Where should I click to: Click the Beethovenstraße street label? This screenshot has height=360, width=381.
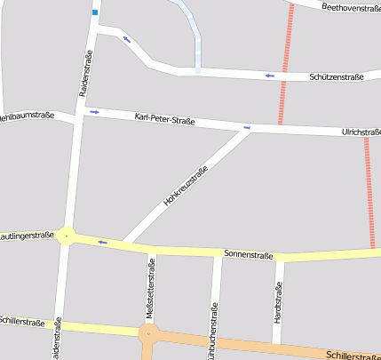click(x=351, y=7)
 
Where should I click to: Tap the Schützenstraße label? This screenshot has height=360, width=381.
click(x=337, y=77)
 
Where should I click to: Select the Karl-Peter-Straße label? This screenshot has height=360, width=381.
click(x=164, y=119)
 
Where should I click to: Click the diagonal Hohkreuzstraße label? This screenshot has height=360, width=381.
click(x=185, y=187)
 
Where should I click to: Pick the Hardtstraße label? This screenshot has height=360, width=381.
click(x=278, y=300)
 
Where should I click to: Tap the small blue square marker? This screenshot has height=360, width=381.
click(x=95, y=13)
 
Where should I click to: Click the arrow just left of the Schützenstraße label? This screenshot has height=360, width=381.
click(x=269, y=76)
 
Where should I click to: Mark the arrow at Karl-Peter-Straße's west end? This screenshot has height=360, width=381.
click(x=94, y=111)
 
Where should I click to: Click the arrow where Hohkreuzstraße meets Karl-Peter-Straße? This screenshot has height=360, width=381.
click(x=247, y=128)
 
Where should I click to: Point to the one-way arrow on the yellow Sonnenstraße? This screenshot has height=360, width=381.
click(x=102, y=241)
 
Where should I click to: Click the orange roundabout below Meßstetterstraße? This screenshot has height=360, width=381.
click(x=149, y=335)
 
